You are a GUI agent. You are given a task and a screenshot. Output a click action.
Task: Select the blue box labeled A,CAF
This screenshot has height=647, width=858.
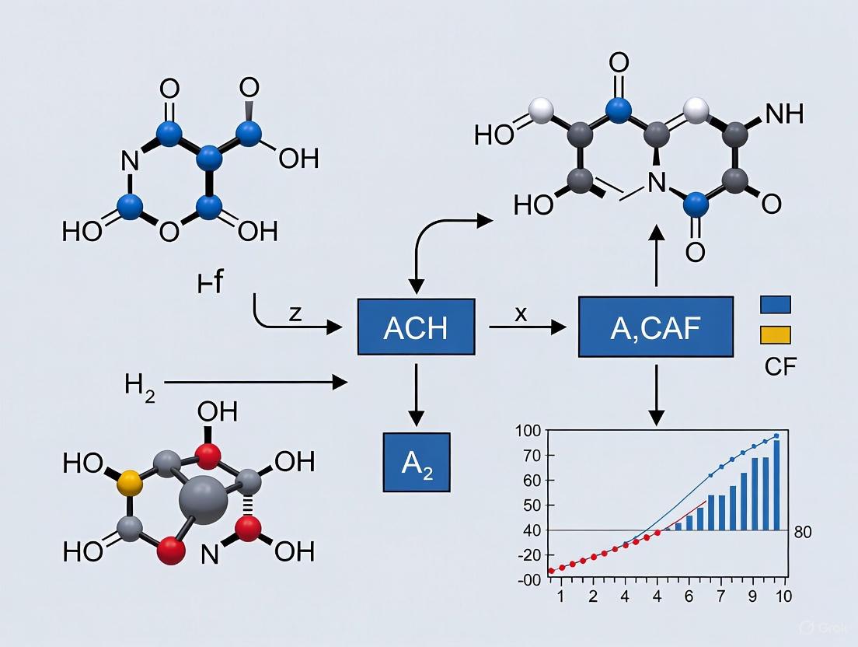point(656,327)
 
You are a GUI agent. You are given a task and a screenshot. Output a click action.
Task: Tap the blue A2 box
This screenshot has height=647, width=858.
point(417,462)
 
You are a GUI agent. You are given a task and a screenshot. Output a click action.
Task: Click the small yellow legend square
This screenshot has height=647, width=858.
point(774,334)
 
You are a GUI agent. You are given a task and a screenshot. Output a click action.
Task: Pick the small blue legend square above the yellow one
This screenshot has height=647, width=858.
point(774,304)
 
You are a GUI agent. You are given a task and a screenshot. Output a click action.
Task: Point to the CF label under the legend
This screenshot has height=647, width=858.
point(780,365)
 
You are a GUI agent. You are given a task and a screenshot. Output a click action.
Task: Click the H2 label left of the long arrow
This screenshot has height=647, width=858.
point(140,384)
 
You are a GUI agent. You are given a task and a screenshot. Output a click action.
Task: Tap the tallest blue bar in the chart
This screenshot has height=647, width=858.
point(776,484)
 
